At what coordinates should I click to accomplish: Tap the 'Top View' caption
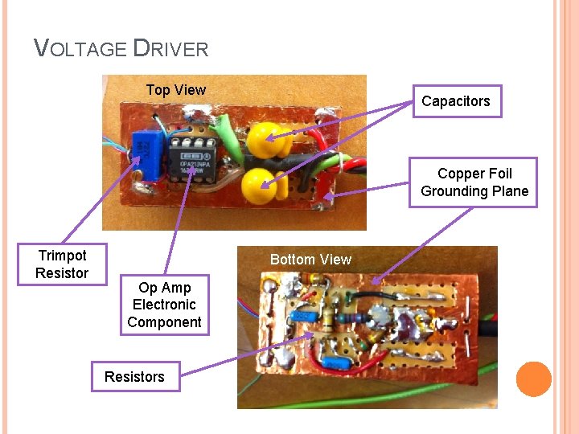175,90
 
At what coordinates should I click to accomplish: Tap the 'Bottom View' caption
310,259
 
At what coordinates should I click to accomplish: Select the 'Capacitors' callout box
455,101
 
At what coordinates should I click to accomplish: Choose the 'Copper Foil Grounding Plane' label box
474,182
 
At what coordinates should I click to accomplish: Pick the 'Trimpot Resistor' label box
62,264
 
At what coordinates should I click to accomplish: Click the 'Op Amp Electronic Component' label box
164,305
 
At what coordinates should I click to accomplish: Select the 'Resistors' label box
134,376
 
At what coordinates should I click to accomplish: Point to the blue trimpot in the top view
146,151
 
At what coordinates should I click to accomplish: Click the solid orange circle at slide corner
534,379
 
